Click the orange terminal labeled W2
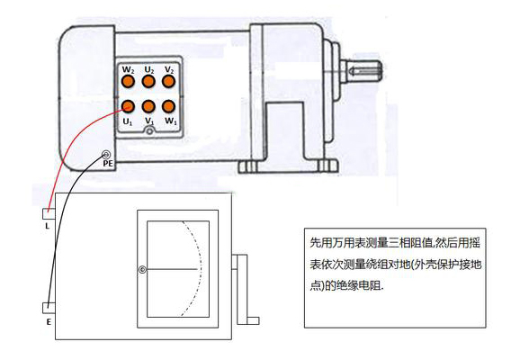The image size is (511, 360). tap(128, 81)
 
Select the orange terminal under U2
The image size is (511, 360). tap(148, 81)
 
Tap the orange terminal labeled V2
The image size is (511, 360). tap(168, 81)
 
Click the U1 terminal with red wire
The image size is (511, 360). tap(128, 106)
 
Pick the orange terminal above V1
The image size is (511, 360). tap(148, 106)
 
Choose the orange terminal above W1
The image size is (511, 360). tap(168, 106)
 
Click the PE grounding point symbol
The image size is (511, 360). tap(106, 154)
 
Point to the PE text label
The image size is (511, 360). tap(108, 164)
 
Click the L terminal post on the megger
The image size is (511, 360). tap(49, 214)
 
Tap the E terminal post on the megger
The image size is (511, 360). tap(49, 308)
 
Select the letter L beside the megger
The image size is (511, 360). tap(48, 226)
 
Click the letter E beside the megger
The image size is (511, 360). tap(49, 322)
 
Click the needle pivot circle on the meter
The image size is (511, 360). tap(142, 270)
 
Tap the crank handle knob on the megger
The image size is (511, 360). tap(253, 321)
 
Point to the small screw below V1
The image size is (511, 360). tap(149, 131)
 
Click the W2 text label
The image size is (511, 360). tap(128, 70)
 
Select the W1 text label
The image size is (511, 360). tap(170, 121)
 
